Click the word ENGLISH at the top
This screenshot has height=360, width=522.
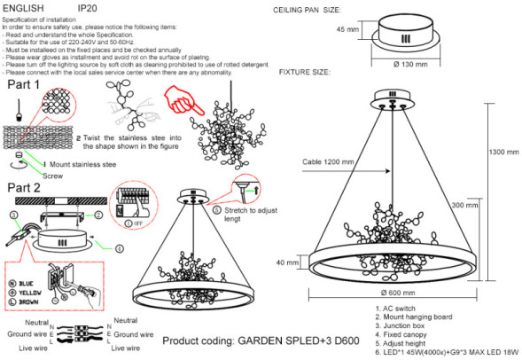point(25,7)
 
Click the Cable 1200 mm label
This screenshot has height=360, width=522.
point(327,162)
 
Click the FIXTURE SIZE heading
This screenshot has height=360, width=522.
point(308,73)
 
